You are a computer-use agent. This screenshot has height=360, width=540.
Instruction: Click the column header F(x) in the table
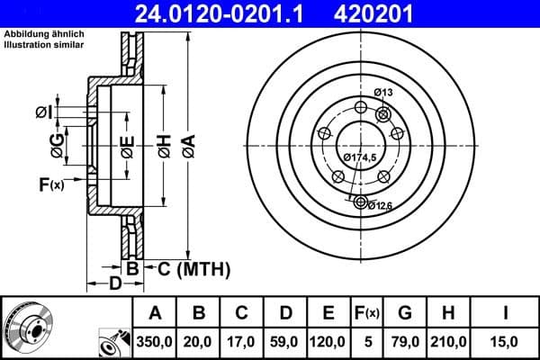point(368,313)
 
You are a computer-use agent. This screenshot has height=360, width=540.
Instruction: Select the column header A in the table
point(155,313)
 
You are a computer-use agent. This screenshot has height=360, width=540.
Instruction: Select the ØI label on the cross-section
point(43,111)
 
